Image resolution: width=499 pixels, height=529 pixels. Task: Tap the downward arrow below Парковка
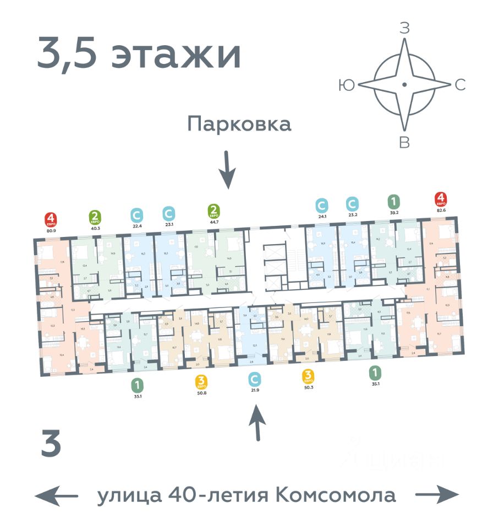tap(227, 170)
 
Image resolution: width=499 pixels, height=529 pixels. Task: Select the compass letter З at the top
tap(404, 29)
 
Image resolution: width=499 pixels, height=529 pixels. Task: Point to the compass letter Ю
tap(347, 85)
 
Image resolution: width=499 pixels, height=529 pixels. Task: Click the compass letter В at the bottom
tap(404, 143)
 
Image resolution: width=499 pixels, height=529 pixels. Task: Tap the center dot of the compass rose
tap(404, 84)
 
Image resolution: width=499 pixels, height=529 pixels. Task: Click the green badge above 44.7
tap(214, 210)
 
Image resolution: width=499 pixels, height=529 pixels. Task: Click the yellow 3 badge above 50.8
tap(201, 380)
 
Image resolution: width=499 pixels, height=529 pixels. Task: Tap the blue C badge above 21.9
tap(254, 379)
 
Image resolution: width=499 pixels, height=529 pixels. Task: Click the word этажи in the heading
tap(177, 55)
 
